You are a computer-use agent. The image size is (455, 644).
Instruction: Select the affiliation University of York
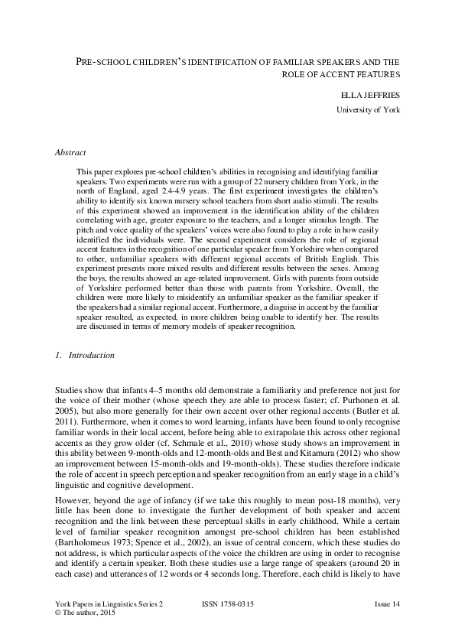[x=369, y=110]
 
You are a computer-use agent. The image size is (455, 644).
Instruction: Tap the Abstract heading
[x=70, y=152]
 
